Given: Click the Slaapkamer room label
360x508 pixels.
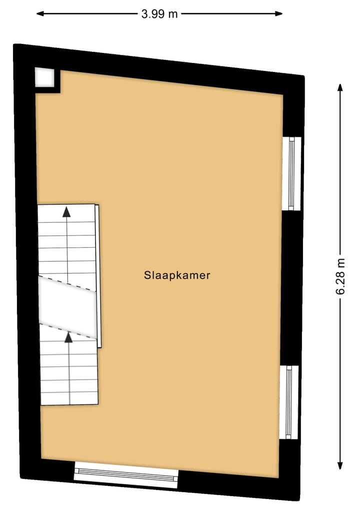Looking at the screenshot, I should [177, 275].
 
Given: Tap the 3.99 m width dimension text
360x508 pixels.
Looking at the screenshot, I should [159, 14].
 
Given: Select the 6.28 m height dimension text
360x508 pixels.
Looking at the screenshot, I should [341, 277].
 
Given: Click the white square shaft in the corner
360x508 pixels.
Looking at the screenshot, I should [44, 78].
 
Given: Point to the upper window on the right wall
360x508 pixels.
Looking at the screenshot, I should [292, 173].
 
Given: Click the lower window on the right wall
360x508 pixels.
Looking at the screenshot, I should [289, 402].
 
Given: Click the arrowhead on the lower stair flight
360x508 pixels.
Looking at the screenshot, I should [68, 337].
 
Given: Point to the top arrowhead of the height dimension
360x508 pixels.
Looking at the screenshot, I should [340, 88].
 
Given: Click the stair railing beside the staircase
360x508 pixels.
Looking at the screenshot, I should [98, 275].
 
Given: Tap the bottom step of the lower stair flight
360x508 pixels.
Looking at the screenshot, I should [69, 398].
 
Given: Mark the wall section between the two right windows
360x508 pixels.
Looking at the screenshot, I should [290, 287].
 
